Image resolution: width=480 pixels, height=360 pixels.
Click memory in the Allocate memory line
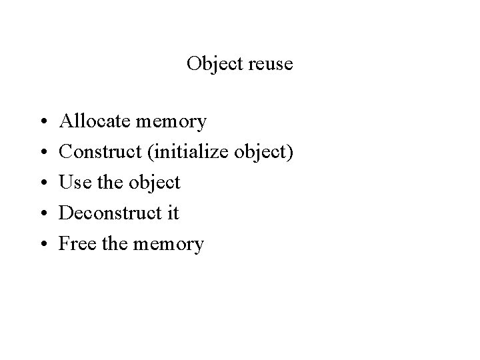coord(171,123)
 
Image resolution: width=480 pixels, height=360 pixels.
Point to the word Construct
coord(99,152)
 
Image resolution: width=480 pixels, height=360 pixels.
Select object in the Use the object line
coord(155,183)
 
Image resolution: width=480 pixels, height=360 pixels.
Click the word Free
coord(76,244)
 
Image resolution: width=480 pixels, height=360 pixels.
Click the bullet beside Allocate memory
coord(42,122)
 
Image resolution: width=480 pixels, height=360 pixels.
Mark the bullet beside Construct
coord(42,153)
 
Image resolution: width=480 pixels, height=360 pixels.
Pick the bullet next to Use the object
coord(42,183)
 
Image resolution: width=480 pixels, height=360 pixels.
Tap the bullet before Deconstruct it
coord(42,214)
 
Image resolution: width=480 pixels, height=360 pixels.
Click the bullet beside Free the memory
coord(42,245)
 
